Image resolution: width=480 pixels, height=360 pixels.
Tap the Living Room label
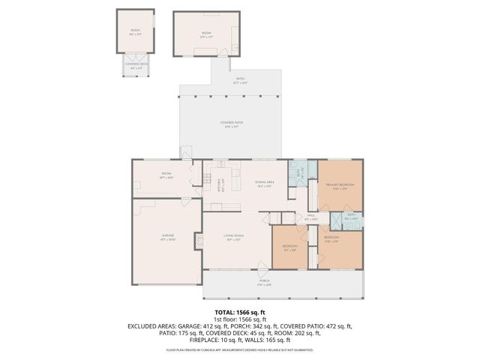coord(234,238)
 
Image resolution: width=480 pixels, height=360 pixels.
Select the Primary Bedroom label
coord(340,186)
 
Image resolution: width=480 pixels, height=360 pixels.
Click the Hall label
coord(311,217)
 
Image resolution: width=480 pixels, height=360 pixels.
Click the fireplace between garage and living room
coord(199,241)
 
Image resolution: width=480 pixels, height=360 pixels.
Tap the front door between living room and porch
coord(260,268)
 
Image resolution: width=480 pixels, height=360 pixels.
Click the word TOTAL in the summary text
coord(224,311)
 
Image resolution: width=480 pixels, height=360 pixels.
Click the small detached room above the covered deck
coord(135,31)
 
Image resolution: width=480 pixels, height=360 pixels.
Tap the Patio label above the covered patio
coord(240,79)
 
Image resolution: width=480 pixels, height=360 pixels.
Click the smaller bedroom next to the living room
coord(291,248)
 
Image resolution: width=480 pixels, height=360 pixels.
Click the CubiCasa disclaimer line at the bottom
coord(240,349)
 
